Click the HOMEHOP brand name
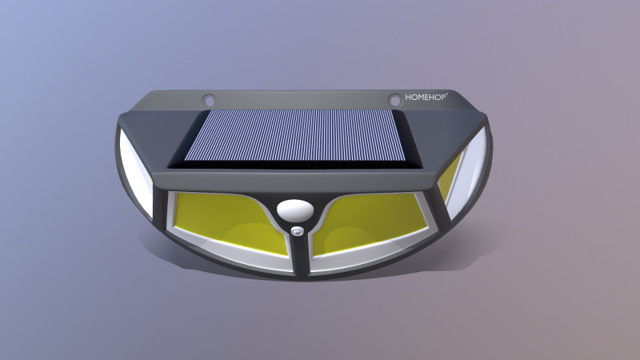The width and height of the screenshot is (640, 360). pos(425,98)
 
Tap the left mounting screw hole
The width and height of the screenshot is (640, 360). pos(209,101)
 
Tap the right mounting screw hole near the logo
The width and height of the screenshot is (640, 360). pos(394,100)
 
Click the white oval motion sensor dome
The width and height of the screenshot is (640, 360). pos(294,210)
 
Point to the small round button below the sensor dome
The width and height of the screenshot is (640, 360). pos(298,231)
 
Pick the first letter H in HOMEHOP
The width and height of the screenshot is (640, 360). pos(407,98)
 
